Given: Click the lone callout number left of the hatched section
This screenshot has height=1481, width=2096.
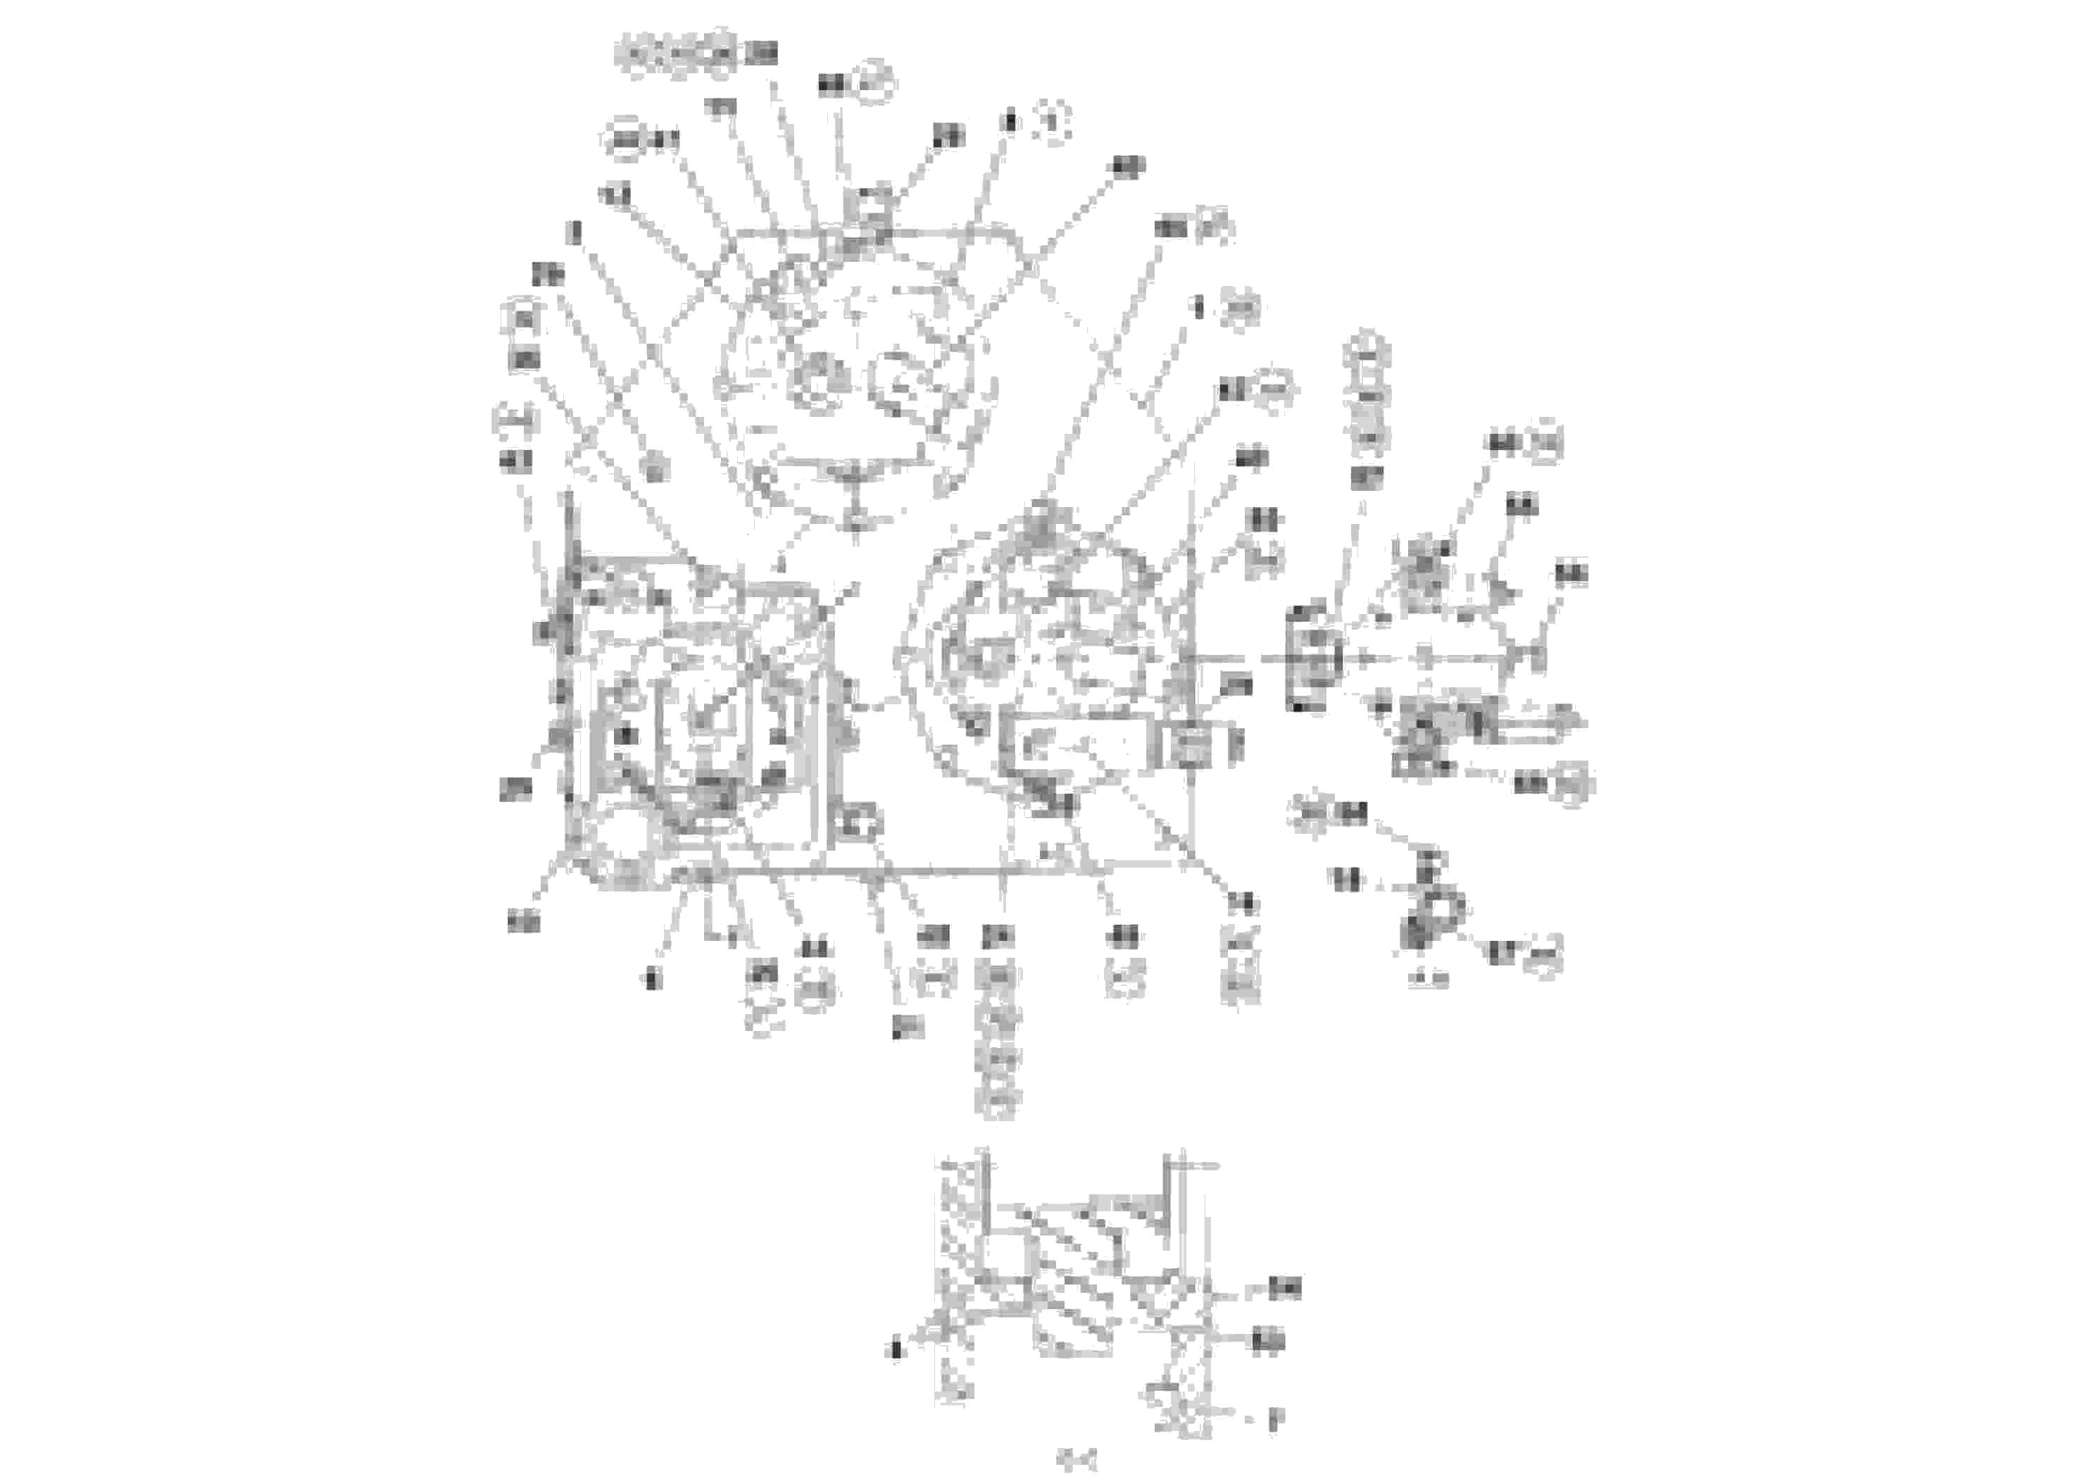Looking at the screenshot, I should [x=896, y=1349].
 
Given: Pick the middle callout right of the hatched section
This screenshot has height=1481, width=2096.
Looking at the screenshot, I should [x=1268, y=1342].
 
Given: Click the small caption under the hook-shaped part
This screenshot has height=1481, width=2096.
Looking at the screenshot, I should [x=1429, y=980].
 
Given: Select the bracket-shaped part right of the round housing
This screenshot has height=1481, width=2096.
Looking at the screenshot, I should [x=1314, y=658].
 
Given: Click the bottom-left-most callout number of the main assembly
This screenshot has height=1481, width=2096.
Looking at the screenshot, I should [x=523, y=923].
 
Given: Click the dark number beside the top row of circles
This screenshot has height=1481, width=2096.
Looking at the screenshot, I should [x=760, y=55].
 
